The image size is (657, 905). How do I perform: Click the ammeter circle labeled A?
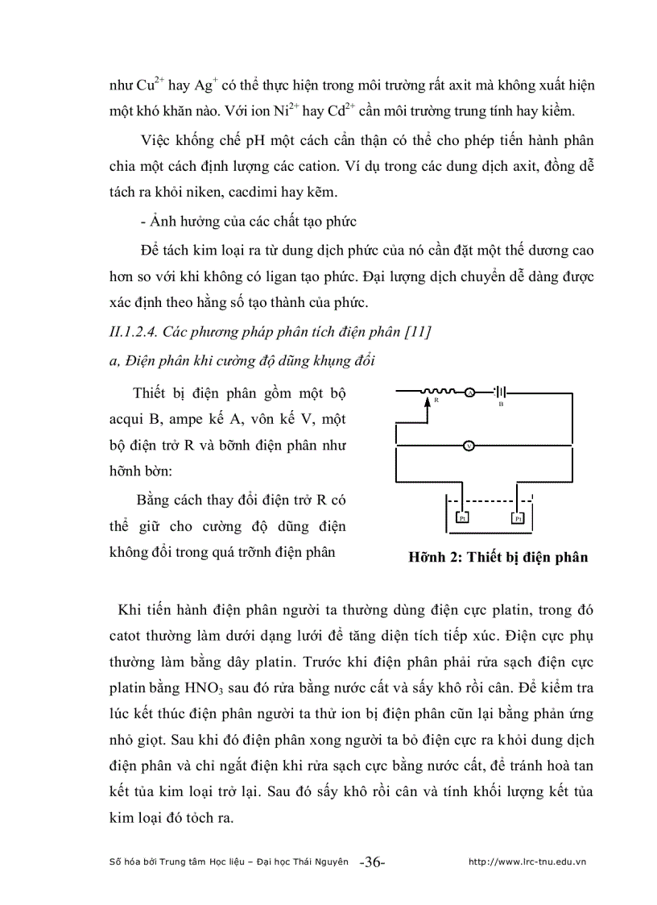tap(468, 392)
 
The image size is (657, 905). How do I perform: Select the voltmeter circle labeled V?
tap(468, 445)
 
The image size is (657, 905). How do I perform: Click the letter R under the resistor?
tap(436, 401)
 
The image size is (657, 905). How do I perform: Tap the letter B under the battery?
tap(500, 405)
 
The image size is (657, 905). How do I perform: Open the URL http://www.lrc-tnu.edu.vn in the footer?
tap(527, 861)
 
